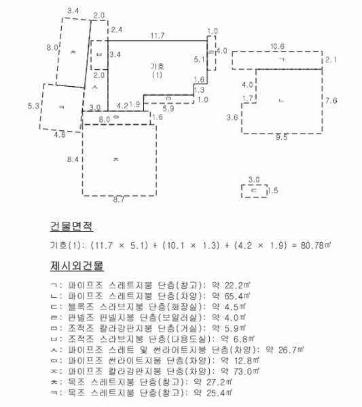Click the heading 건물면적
point(71,226)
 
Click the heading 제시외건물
point(77,265)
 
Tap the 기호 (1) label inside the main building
point(157,71)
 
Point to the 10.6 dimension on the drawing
point(277,47)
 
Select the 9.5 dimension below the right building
point(281,137)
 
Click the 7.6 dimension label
point(331,100)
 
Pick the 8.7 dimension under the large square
point(118,199)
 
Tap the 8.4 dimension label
point(73,159)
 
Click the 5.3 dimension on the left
point(33,106)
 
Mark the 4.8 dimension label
point(60,134)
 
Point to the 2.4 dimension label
point(117,30)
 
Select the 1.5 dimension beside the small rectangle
point(273,191)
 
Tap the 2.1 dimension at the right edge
point(331,60)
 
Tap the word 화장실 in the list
point(185,307)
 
